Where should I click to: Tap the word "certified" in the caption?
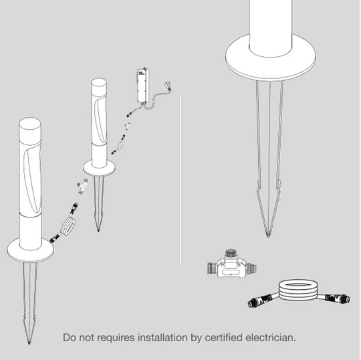click(x=223, y=338)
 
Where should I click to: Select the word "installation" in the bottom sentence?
click(x=162, y=338)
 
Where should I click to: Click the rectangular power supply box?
click(x=143, y=86)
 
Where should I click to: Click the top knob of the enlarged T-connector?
click(x=231, y=253)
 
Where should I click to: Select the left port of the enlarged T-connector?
click(x=212, y=268)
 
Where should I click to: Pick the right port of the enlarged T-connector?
click(x=252, y=268)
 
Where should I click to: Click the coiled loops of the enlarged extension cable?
click(x=298, y=292)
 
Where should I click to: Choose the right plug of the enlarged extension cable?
click(x=338, y=298)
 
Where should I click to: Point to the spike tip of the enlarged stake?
click(x=268, y=236)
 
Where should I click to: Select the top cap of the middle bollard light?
click(x=99, y=84)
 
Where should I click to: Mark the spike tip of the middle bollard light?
click(x=98, y=230)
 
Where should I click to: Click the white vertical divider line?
click(x=180, y=180)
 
